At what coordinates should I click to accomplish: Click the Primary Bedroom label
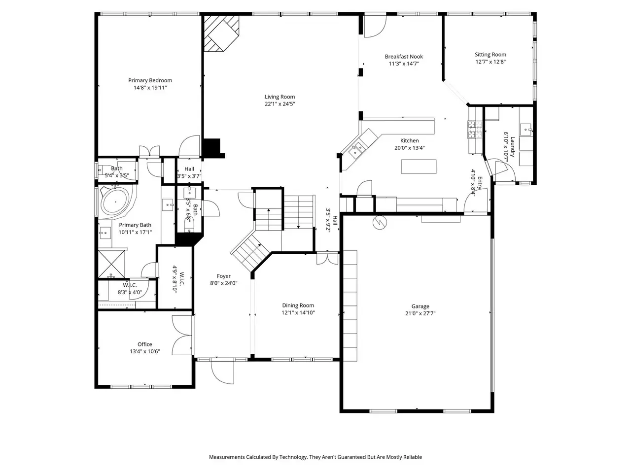coord(150,80)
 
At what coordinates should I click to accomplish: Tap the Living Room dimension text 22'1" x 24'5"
coord(280,104)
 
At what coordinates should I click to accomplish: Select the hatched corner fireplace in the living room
coord(221,34)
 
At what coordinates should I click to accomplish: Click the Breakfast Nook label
coord(404,57)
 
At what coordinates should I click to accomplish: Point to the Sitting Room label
coord(490,55)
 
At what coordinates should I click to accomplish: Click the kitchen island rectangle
coord(419,167)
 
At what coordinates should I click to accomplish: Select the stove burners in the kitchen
coord(475,130)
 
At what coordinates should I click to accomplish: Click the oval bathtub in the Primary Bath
coord(115,202)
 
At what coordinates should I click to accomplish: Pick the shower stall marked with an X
coord(111,264)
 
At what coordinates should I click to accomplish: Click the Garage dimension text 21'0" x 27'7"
coord(420,313)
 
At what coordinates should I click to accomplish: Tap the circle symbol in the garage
coord(380,222)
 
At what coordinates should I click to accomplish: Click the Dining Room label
coord(298,305)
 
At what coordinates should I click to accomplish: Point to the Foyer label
coord(223,276)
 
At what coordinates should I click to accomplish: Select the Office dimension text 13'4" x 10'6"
coord(144,351)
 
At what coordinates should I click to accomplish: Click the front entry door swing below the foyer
coord(222,372)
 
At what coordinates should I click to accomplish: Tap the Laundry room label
coord(512,146)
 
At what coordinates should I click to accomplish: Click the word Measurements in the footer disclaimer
coord(227,457)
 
